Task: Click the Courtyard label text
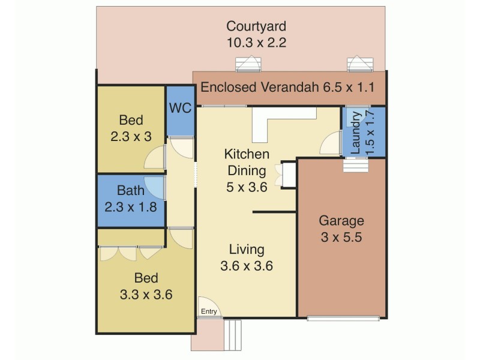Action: (256, 26)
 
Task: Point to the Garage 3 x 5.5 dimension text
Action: (340, 236)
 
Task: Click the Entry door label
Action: (209, 311)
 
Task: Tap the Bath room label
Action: (130, 191)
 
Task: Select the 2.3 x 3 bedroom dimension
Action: (130, 136)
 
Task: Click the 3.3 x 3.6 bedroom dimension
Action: (146, 295)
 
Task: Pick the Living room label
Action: (247, 250)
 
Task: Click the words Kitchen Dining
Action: (247, 161)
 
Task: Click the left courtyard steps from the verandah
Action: (248, 64)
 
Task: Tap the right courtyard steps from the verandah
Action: (359, 64)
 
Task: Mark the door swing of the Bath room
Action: (155, 188)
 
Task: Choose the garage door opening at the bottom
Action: (343, 317)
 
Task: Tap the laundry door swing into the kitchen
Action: (330, 144)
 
